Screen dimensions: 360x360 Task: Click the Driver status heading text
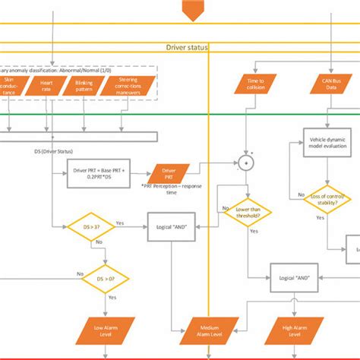pos(186,47)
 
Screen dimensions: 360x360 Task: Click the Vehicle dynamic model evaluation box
pos(328,145)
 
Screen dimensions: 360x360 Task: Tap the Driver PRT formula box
pos(97,171)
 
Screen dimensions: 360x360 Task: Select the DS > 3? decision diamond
pos(85,226)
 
